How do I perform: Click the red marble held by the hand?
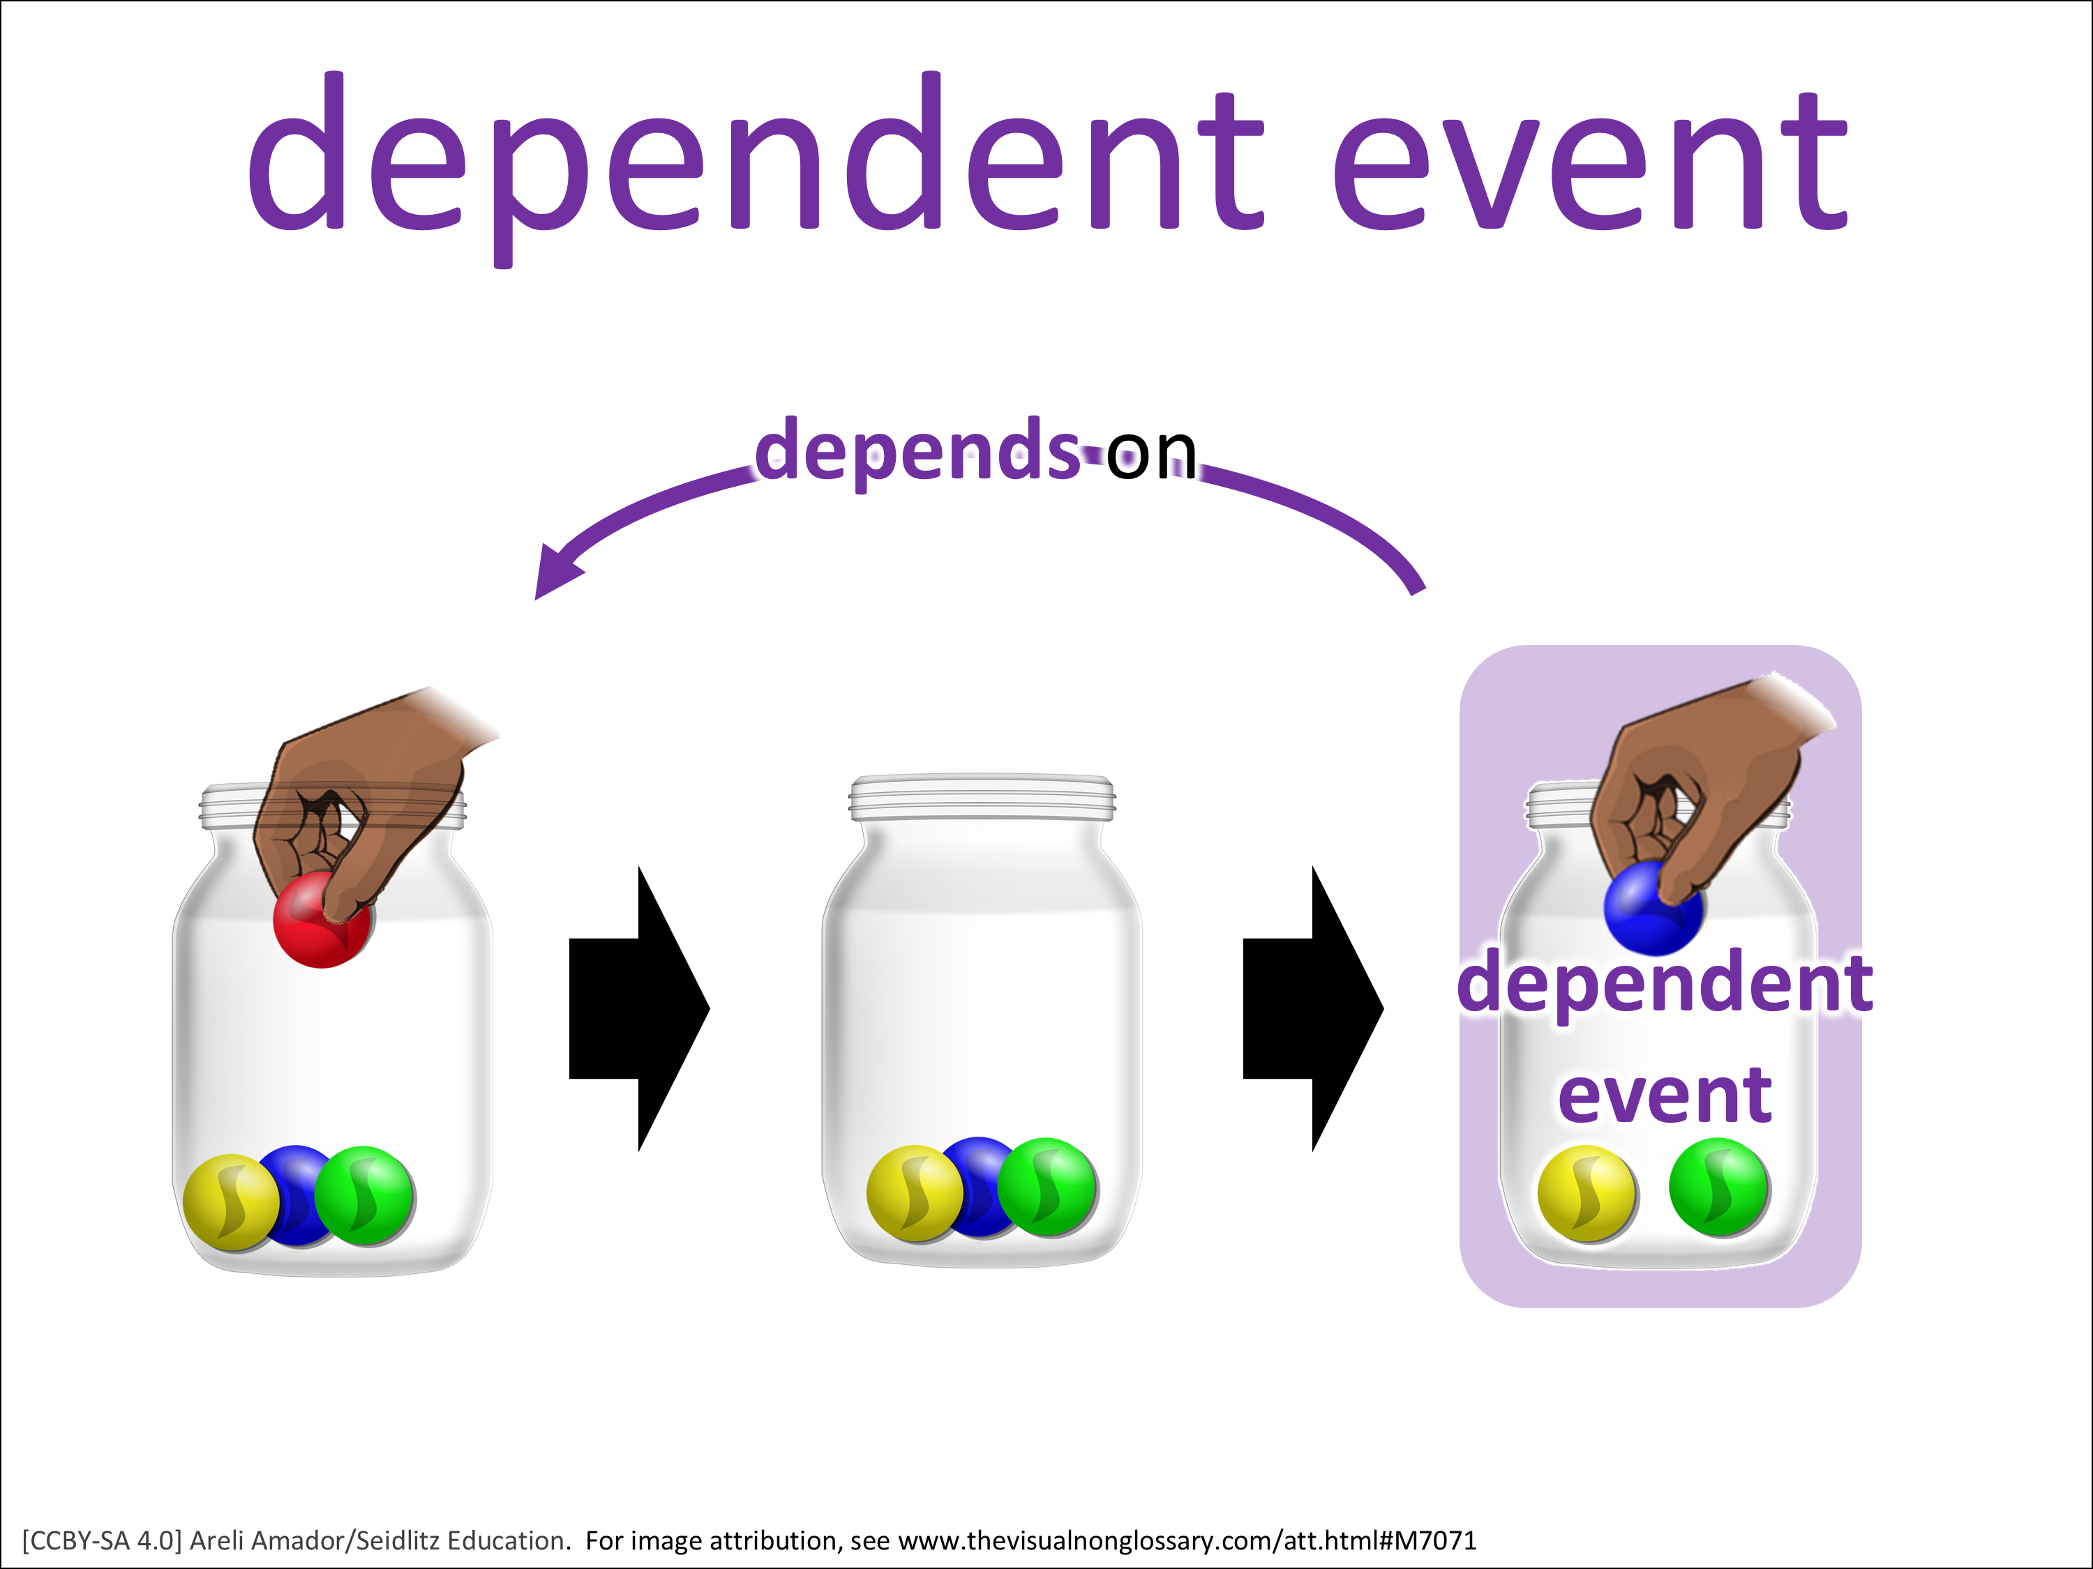[x=322, y=919]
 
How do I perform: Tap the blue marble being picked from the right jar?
[x=1653, y=908]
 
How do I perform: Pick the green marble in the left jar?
[x=364, y=1195]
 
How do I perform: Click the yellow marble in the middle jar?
[x=915, y=1192]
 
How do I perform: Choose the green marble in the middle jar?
[x=1047, y=1186]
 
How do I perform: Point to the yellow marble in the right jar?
[x=1586, y=1192]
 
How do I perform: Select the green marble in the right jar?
[x=1719, y=1187]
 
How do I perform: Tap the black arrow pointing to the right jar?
[x=1313, y=1008]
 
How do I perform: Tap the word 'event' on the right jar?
[x=1665, y=1096]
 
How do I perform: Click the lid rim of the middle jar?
[x=982, y=797]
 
